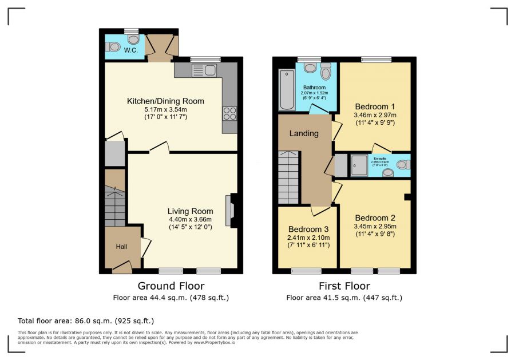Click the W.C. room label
131,51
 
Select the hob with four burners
229,113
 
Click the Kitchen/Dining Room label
165,101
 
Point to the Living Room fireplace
230,210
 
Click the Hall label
122,247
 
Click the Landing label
304,134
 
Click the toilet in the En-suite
403,165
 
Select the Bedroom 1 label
375,106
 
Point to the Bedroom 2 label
375,218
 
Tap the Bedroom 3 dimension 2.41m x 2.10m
308,238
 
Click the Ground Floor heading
171,286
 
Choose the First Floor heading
344,286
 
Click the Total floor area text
86,321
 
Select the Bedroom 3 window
306,270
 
